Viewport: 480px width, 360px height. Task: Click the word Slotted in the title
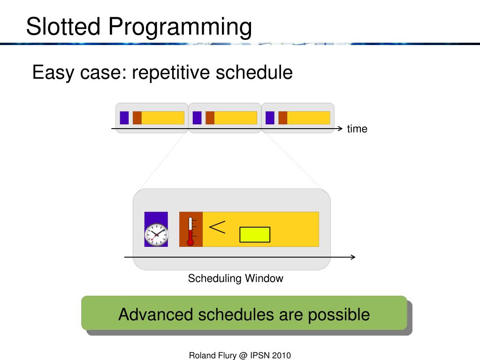(x=63, y=26)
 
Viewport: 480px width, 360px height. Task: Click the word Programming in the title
(x=180, y=28)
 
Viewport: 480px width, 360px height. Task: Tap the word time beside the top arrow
(x=357, y=129)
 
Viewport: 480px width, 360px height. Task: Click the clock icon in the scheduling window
(x=156, y=235)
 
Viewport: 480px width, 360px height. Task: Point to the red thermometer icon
(x=190, y=231)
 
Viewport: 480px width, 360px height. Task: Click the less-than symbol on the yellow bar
(x=217, y=227)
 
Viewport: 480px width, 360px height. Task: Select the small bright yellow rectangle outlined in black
(x=255, y=235)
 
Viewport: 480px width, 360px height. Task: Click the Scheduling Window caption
(x=236, y=278)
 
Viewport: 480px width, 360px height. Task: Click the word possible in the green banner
(x=339, y=315)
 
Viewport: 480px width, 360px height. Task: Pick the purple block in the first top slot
(x=124, y=118)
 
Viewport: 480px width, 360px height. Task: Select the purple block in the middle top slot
(x=197, y=118)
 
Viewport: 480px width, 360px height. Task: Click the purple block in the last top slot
(x=270, y=118)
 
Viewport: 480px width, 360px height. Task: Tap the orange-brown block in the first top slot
(x=137, y=118)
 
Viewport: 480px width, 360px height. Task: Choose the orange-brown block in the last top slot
(x=283, y=118)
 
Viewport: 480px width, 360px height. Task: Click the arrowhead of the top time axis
(x=340, y=129)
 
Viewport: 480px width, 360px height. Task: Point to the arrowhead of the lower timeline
(x=353, y=257)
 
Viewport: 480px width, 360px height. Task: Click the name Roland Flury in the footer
(x=213, y=355)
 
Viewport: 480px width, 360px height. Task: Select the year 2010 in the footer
(x=282, y=355)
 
